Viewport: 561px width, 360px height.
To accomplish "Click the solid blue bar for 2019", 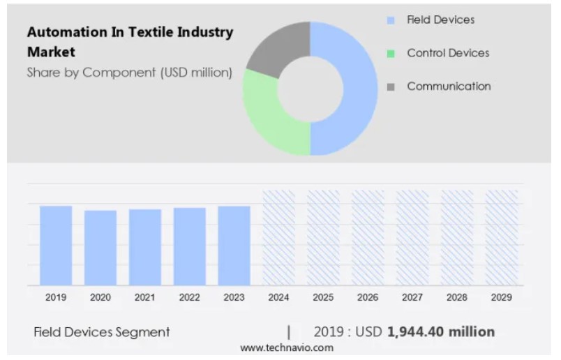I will click(x=56, y=246).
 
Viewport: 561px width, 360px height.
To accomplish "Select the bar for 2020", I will click(x=100, y=248).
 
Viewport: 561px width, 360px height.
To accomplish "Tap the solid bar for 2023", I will click(x=234, y=246).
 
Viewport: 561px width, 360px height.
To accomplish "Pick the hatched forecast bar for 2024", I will click(x=278, y=237).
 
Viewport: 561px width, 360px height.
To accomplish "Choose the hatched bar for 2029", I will click(x=501, y=237).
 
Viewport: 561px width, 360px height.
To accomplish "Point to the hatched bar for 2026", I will click(x=368, y=237).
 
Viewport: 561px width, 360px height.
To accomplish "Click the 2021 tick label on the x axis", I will click(x=144, y=297).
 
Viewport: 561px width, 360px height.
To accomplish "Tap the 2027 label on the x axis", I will click(x=412, y=297).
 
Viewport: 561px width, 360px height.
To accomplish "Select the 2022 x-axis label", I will click(x=189, y=297).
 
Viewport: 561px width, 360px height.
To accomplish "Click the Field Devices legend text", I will click(x=442, y=20).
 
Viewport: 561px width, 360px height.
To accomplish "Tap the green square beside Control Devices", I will click(x=391, y=54).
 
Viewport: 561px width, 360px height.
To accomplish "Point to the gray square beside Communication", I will click(x=391, y=87).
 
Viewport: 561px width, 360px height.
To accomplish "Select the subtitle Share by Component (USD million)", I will click(x=129, y=72).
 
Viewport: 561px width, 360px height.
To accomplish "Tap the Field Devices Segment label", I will click(x=102, y=332).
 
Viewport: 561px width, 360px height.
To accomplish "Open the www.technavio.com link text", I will click(x=287, y=347).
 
